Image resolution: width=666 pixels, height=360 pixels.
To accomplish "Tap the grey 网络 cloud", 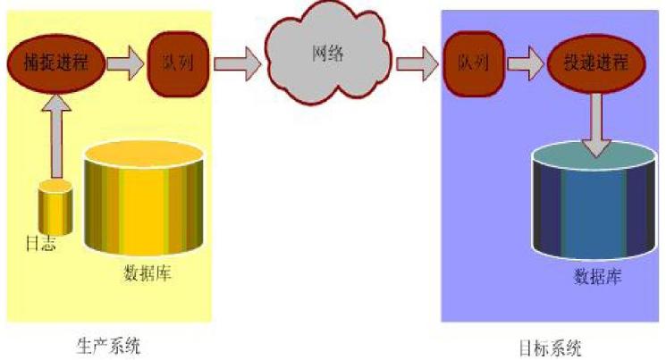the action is pyautogui.click(x=328, y=55).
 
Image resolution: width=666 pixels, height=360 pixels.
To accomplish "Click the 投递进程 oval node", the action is pyautogui.click(x=595, y=63).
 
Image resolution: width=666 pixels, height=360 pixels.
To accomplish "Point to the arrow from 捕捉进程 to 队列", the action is pyautogui.click(x=124, y=63).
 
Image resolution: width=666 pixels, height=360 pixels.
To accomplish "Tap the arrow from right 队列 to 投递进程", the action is pyautogui.click(x=525, y=63).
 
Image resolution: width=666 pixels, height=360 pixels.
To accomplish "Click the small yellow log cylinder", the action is pyautogui.click(x=55, y=207).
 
